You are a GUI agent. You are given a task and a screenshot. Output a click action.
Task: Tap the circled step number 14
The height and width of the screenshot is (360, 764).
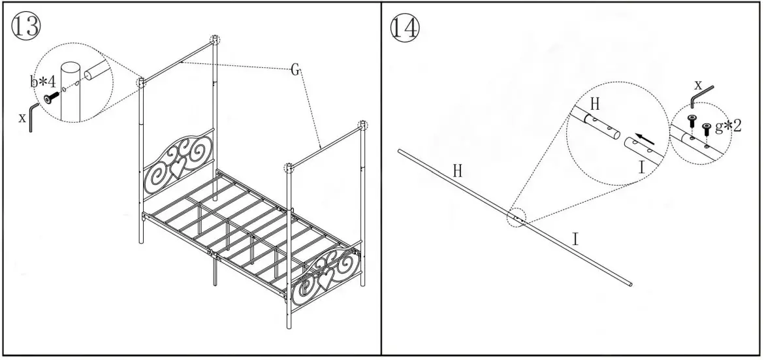[x=405, y=27]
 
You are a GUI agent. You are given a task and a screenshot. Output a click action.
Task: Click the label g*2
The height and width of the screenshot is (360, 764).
[x=728, y=126]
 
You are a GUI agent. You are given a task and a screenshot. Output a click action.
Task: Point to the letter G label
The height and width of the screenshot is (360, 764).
[x=294, y=69]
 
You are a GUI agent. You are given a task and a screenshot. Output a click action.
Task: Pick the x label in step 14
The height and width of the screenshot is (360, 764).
[x=698, y=85]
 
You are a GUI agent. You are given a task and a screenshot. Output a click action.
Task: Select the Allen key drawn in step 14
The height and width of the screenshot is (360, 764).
[x=703, y=97]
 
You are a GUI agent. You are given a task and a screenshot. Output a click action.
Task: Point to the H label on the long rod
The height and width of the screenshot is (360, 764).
[x=458, y=171]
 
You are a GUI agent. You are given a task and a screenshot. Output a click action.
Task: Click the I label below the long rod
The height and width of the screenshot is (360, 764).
[x=575, y=239]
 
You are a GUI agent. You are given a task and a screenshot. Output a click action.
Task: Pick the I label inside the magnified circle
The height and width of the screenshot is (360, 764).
[x=642, y=167]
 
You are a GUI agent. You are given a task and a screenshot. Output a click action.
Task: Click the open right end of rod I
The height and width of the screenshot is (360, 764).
[x=631, y=284]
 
